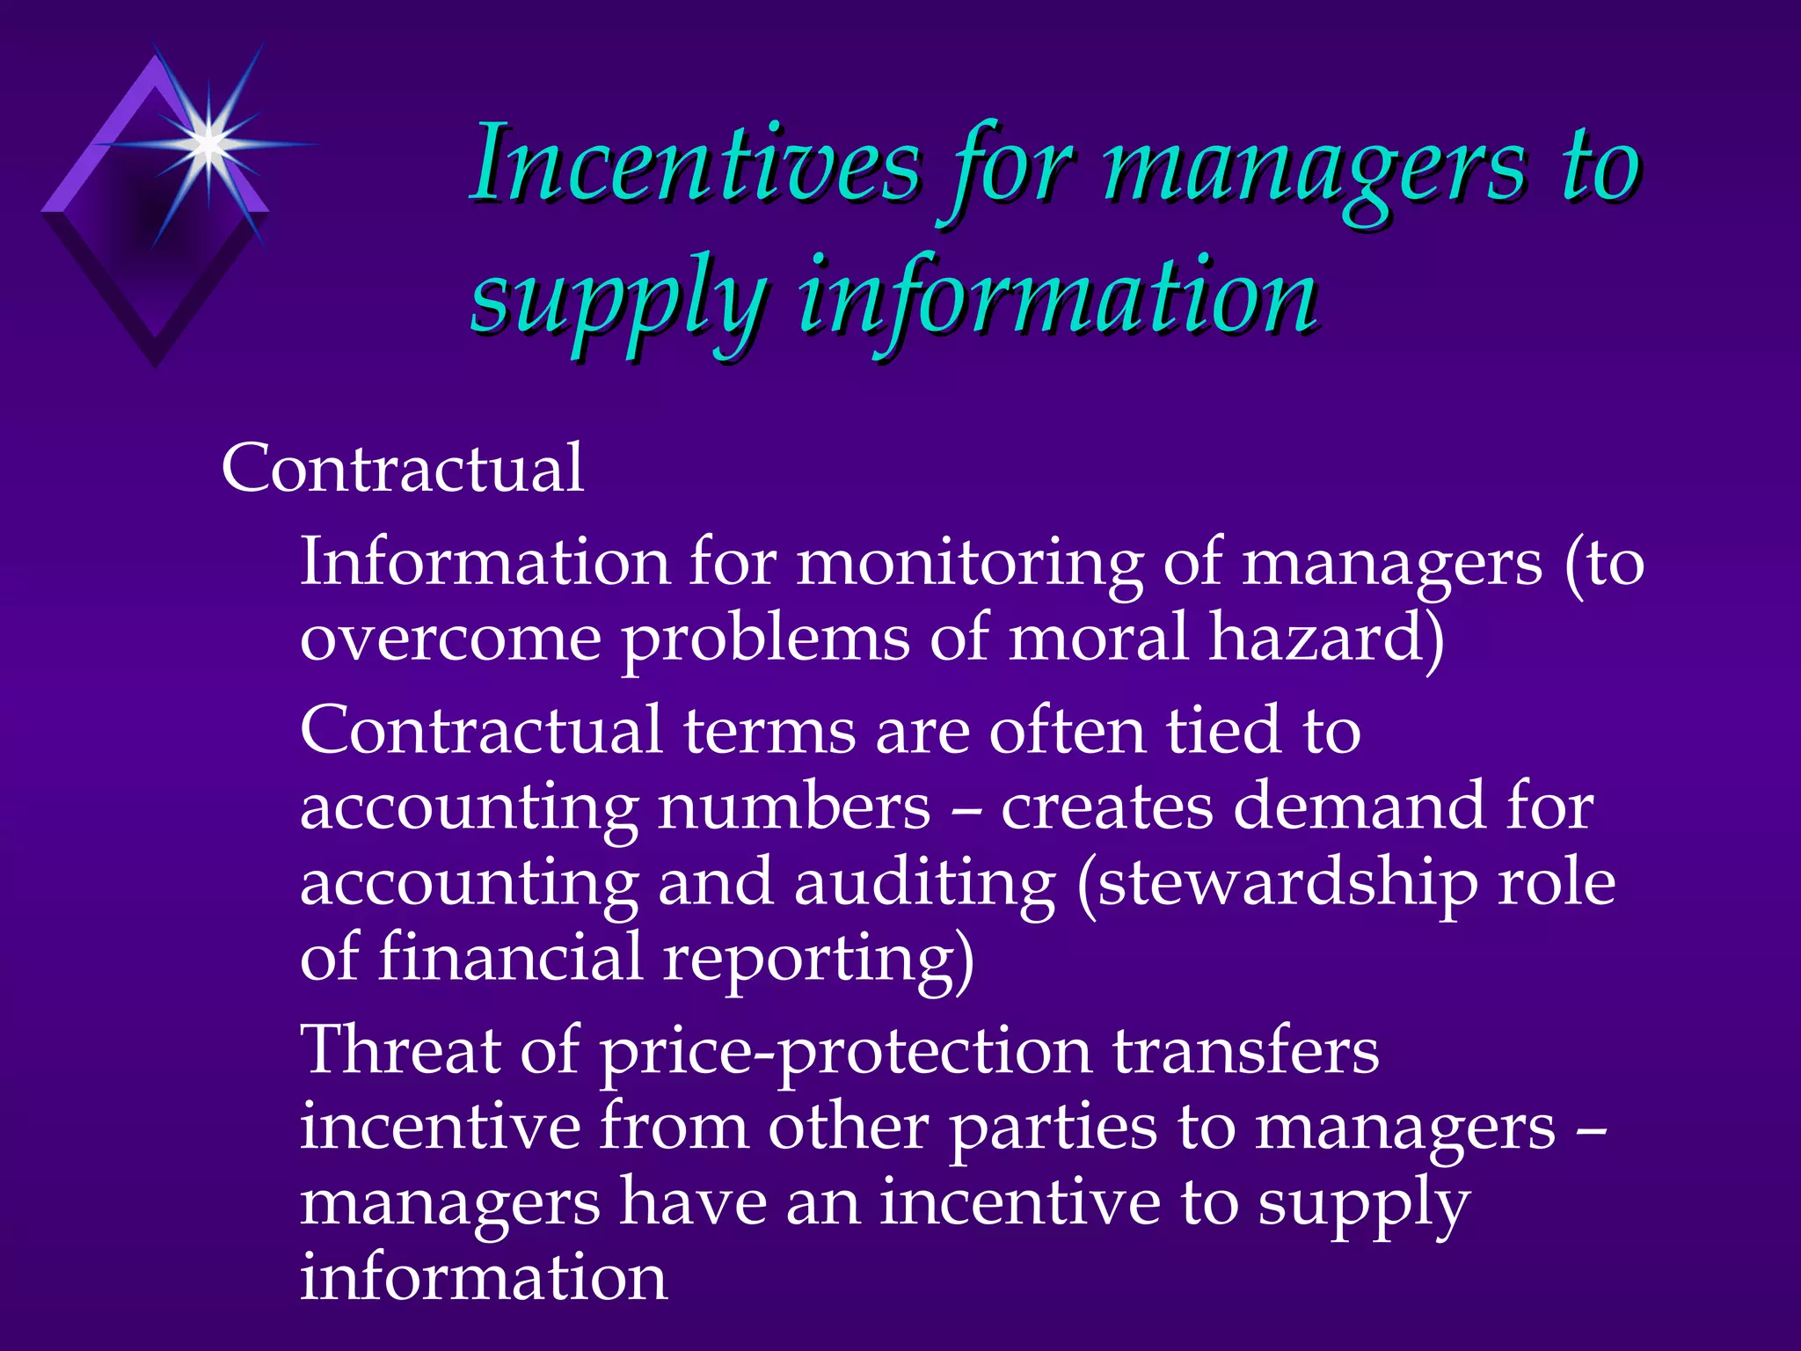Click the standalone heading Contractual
(402, 468)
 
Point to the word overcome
(450, 639)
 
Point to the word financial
(510, 959)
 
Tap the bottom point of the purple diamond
(156, 365)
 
